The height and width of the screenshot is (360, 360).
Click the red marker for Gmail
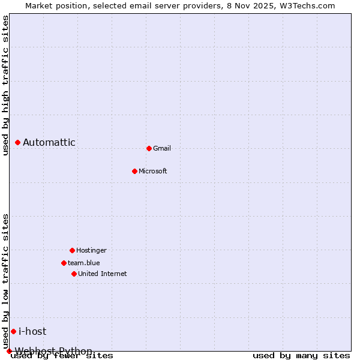tap(149, 148)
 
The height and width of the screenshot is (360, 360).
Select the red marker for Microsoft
tap(134, 171)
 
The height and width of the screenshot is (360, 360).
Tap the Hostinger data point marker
tap(72, 250)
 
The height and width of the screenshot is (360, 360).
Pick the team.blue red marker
tap(64, 263)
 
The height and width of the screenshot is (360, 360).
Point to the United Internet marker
tap(74, 274)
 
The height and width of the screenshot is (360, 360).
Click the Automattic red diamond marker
tap(17, 142)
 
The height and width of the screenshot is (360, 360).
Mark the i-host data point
tap(13, 331)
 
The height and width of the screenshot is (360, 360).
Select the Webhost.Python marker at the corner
tap(9, 351)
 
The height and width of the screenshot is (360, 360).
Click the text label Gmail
tap(162, 148)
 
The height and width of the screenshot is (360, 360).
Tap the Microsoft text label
tap(153, 171)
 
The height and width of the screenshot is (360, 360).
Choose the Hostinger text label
tap(91, 250)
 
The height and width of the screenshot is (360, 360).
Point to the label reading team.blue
tap(84, 263)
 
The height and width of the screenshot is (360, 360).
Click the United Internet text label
tap(103, 274)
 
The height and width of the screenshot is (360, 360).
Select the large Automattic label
tap(49, 142)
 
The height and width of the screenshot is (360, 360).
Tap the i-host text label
tap(32, 331)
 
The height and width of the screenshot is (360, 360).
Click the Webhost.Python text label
tap(54, 351)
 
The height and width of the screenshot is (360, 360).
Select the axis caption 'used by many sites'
tap(301, 355)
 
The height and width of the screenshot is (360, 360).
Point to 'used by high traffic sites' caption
tap(5, 85)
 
